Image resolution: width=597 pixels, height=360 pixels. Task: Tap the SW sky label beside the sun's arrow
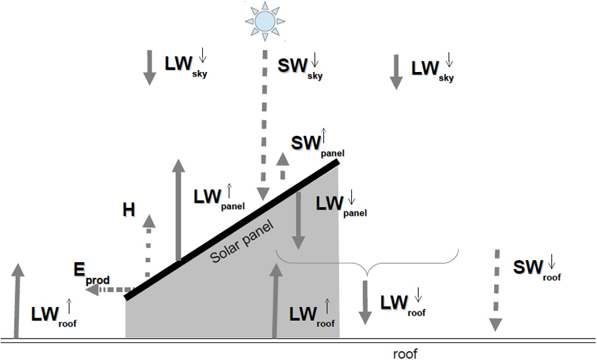[x=301, y=66]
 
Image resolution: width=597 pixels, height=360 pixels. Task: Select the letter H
[x=129, y=210]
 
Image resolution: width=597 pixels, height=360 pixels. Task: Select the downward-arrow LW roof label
[x=403, y=303]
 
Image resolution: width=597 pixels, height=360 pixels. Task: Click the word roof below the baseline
[x=405, y=354]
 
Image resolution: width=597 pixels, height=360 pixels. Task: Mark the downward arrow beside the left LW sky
[x=148, y=69]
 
